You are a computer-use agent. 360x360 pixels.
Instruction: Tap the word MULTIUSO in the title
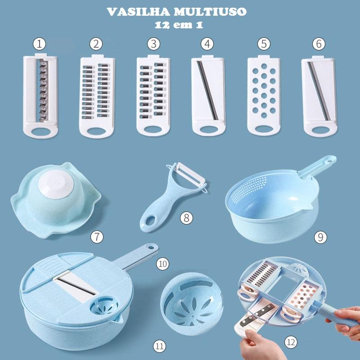click(x=210, y=12)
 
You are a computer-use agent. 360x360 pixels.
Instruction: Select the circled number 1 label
click(x=39, y=44)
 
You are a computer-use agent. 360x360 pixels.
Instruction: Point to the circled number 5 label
click(x=264, y=44)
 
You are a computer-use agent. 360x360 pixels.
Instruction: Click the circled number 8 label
click(x=186, y=218)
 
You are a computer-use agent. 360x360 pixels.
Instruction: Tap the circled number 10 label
click(x=162, y=264)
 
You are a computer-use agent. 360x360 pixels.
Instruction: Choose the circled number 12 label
click(x=291, y=342)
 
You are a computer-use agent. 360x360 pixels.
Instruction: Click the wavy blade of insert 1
click(x=44, y=90)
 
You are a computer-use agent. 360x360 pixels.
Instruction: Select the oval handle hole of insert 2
click(x=97, y=131)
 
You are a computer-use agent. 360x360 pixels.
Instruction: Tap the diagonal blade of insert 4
click(x=207, y=90)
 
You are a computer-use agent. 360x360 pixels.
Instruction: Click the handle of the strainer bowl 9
click(x=317, y=166)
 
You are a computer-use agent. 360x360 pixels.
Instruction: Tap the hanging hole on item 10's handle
click(x=151, y=248)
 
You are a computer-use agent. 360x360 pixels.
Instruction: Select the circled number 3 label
click(x=153, y=44)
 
